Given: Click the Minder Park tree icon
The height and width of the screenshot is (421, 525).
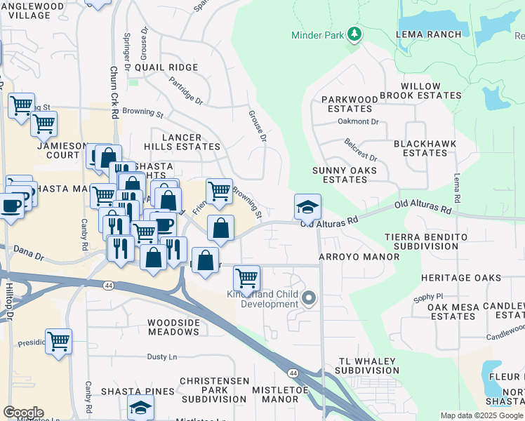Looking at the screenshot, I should point(355,34).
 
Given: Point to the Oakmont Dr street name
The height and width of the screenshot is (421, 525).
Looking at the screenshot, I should point(358,121).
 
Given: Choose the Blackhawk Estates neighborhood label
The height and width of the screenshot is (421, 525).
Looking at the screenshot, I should point(425,148).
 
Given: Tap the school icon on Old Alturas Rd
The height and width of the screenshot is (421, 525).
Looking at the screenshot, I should point(307,207).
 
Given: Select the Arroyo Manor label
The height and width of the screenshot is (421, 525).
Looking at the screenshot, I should point(349,258).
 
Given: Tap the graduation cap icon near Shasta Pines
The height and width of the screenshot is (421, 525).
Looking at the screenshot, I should point(140,408).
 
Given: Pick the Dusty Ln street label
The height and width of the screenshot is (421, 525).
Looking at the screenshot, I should point(161,357).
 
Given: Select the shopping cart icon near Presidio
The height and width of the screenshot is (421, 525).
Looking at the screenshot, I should point(59,342).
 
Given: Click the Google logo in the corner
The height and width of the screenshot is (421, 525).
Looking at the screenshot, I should point(23,413).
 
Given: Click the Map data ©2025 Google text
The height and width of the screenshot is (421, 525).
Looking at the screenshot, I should point(482,415).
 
